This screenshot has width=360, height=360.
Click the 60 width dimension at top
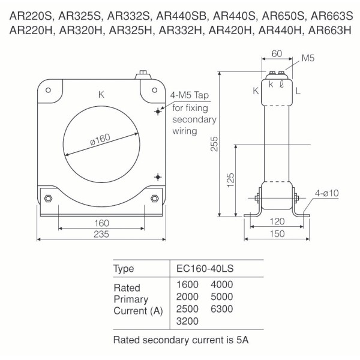tap(276, 53)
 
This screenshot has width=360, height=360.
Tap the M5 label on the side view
tap(308, 59)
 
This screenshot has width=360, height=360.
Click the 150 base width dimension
tap(277, 235)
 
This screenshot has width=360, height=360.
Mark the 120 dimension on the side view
tap(277, 222)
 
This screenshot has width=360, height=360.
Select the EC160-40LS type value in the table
tap(207, 268)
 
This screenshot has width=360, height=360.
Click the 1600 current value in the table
tap(188, 284)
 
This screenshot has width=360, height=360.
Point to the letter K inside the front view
tap(101, 94)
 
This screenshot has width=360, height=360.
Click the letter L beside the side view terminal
tap(298, 91)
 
